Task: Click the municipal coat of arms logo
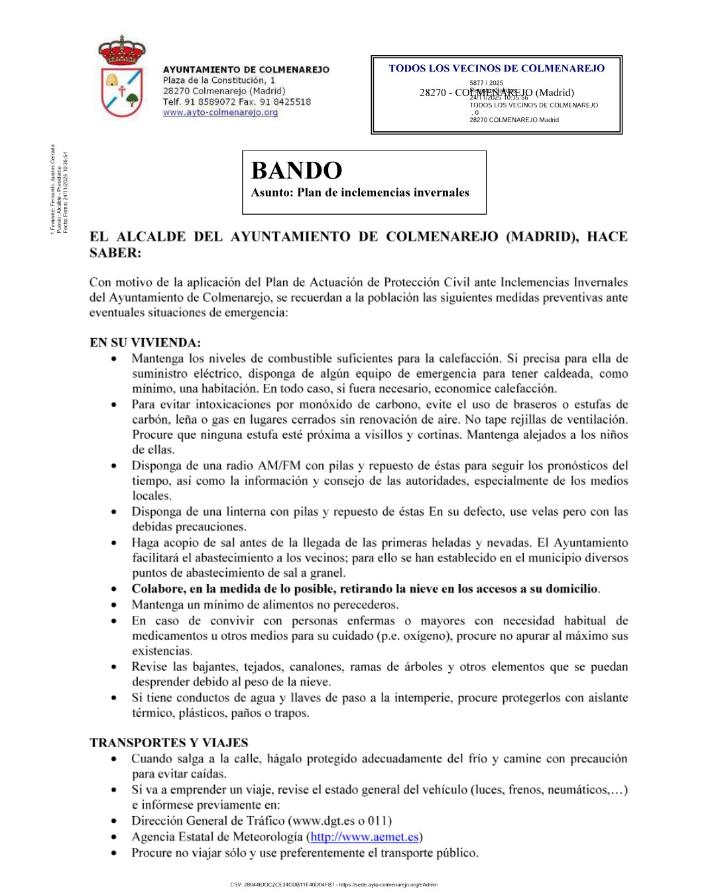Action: tap(121, 78)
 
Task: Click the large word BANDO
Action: tap(296, 171)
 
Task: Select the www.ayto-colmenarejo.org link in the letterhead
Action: tap(220, 113)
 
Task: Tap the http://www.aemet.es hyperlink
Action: tap(364, 837)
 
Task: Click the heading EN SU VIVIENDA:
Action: tap(145, 343)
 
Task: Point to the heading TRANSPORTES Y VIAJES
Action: tap(169, 743)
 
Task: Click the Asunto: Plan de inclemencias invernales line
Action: tap(360, 193)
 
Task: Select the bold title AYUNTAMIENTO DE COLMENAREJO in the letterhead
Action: tap(246, 70)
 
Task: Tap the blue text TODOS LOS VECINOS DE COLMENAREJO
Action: tap(497, 68)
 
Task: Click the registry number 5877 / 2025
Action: tap(486, 83)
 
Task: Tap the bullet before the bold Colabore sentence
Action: tap(115, 589)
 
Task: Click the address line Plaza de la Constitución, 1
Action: tap(219, 80)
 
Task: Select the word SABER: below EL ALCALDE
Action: tap(115, 253)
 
